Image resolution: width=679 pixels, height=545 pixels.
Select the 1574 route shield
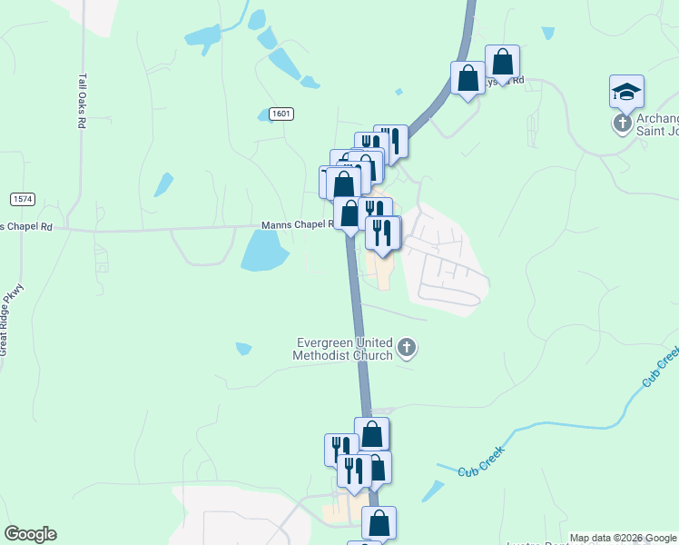[x=23, y=198]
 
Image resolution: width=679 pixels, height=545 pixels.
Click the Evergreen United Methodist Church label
[x=343, y=349]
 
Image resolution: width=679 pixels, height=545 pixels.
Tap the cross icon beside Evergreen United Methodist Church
[x=407, y=348]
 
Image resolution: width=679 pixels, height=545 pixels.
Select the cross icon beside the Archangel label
[x=623, y=123]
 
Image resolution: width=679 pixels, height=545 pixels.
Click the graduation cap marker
[x=626, y=91]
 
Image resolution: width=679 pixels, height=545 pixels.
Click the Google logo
[x=29, y=534]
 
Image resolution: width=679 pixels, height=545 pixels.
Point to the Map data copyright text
[x=622, y=538]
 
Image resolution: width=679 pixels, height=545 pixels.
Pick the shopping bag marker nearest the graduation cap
[x=502, y=63]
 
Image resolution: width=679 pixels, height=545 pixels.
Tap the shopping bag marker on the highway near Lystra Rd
[x=468, y=78]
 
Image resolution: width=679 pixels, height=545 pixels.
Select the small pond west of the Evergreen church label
[x=242, y=348]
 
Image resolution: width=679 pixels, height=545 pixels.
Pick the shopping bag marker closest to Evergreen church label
[x=371, y=434]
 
